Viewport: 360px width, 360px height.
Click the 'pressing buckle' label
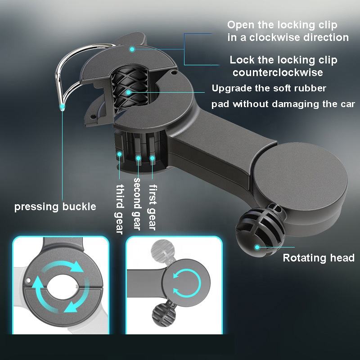tap(55, 207)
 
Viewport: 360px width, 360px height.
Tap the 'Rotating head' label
tap(318, 258)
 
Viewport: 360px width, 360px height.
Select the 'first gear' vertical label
tap(153, 207)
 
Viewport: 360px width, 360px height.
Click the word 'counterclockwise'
tap(278, 72)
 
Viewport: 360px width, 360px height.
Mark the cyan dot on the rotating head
tap(257, 247)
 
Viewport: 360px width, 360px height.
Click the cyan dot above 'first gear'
tap(153, 158)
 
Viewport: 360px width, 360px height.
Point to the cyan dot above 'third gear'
tap(120, 154)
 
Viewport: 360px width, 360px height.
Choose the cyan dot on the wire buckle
tap(63, 107)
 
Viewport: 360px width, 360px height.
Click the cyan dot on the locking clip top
tap(132, 49)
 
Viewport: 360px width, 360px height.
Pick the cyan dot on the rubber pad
tap(129, 92)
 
